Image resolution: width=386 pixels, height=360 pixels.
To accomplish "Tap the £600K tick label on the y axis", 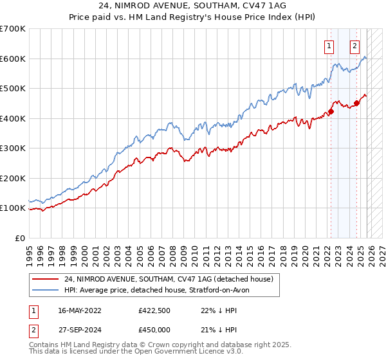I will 13,59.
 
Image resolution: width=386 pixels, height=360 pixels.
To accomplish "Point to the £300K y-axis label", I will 13,148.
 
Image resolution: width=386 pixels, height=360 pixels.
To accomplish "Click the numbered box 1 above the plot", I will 329,45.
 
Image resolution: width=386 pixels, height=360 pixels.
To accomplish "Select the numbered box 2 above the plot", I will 354,45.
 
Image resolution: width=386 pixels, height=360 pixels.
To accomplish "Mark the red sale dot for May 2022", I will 331,111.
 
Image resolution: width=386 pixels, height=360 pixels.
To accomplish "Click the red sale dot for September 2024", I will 357,103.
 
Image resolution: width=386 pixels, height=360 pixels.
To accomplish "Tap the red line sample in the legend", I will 46,279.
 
